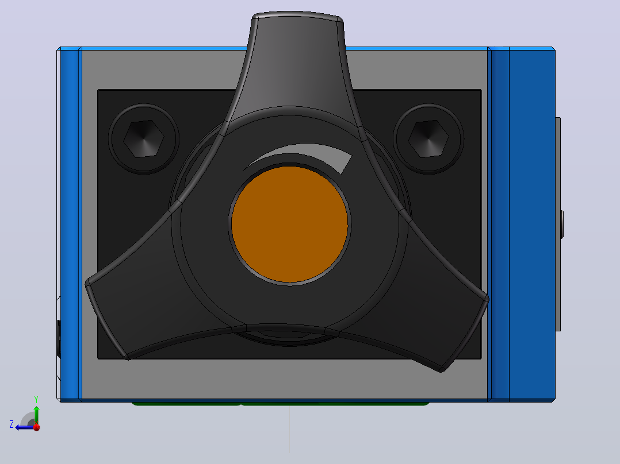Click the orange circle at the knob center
click(289, 225)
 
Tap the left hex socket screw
click(144, 139)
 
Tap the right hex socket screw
click(428, 139)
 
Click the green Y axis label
click(36, 399)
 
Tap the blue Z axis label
click(12, 424)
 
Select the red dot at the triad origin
click(37, 427)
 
